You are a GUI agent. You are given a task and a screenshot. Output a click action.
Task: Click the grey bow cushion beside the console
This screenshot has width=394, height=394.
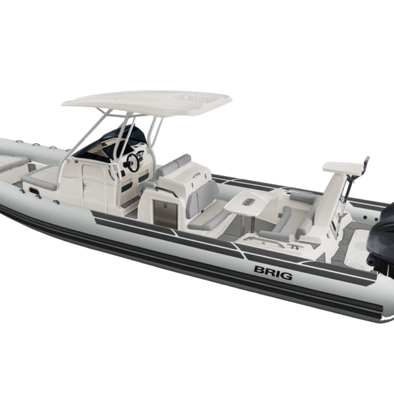pos(38,175)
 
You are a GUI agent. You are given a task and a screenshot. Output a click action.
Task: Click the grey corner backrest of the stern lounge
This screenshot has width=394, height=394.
pos(302,196)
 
